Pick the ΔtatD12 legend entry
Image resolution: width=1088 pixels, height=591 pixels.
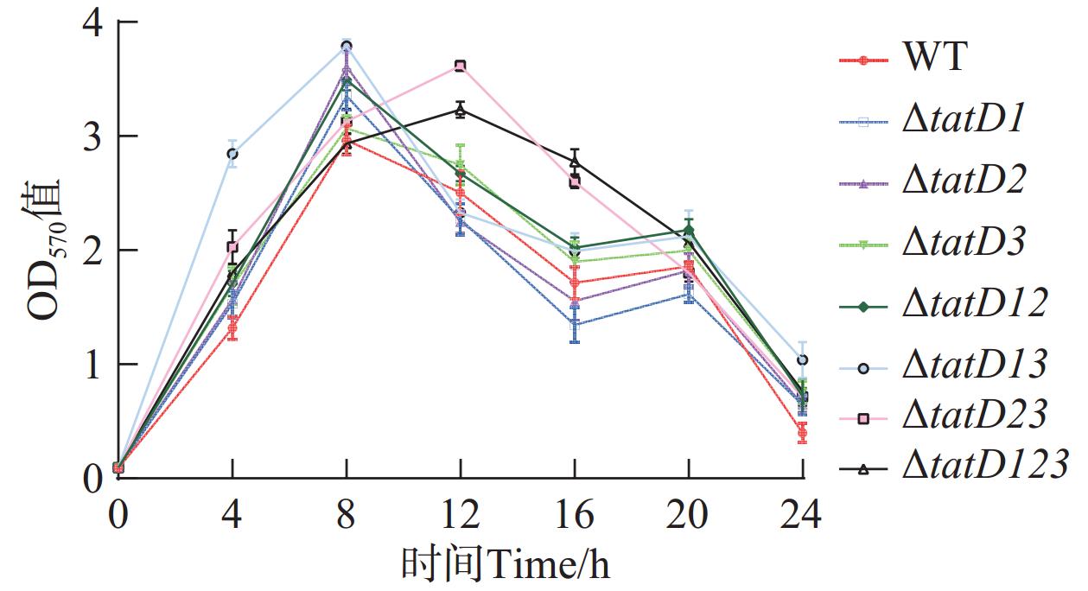click(x=975, y=304)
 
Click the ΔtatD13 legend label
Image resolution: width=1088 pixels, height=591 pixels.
click(x=975, y=365)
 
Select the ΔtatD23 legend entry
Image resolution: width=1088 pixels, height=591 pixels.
click(x=975, y=416)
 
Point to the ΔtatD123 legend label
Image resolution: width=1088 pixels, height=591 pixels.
click(x=985, y=467)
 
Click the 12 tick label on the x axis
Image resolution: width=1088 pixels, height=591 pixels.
click(x=460, y=516)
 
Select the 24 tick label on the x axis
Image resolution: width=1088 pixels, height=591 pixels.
click(x=803, y=516)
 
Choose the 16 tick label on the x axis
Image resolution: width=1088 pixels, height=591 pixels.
click(x=575, y=516)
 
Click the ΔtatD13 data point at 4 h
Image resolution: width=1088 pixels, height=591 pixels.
click(x=232, y=154)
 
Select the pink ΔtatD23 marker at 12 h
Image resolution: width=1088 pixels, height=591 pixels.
click(x=461, y=66)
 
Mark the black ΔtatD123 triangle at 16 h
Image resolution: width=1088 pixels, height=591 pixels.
click(x=575, y=162)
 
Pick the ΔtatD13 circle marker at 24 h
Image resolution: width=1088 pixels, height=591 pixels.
click(x=803, y=359)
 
